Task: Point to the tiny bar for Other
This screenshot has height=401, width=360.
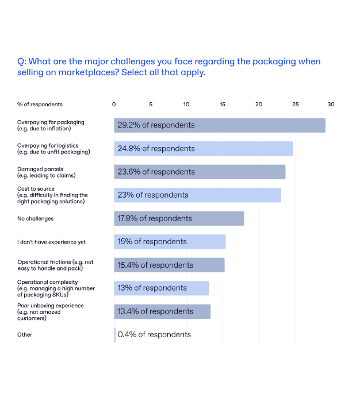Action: point(115,334)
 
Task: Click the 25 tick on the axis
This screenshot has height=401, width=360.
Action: point(295,105)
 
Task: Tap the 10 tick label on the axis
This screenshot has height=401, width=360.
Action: point(186,105)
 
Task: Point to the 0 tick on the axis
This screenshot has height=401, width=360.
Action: point(114,105)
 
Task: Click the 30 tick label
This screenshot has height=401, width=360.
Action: point(331,105)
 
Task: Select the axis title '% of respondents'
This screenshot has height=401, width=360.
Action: point(40,105)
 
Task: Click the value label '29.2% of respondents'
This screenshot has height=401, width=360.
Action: point(156,125)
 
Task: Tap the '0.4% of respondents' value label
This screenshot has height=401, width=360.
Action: point(154,334)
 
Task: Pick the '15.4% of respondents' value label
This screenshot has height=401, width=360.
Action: point(155,265)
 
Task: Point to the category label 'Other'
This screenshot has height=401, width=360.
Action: point(25,334)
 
